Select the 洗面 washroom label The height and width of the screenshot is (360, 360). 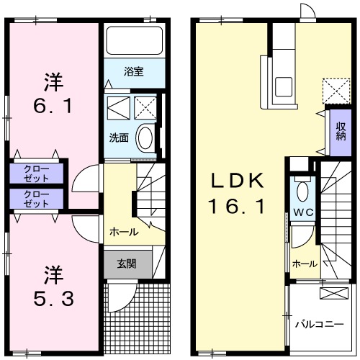click(x=119, y=137)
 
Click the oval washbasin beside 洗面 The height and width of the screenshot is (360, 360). click(x=145, y=138)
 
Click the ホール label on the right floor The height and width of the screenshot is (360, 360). click(x=305, y=264)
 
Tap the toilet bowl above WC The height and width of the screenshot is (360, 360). click(x=302, y=191)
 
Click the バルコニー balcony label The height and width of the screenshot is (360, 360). click(x=320, y=324)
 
